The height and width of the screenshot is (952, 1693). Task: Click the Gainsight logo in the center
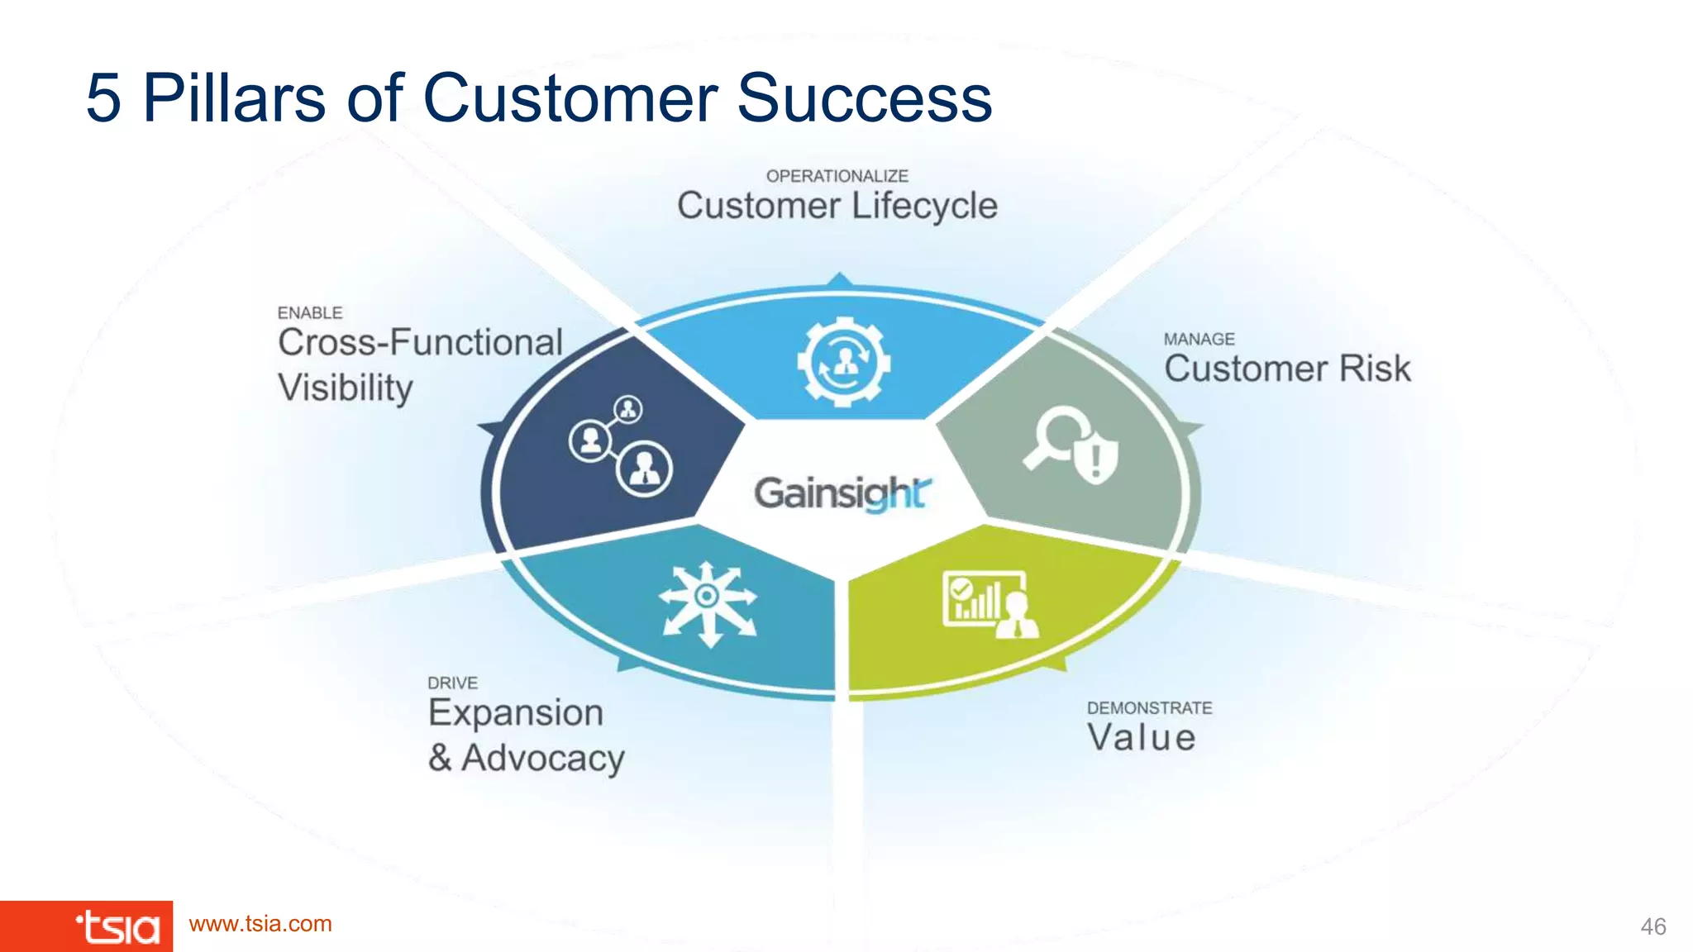click(x=842, y=493)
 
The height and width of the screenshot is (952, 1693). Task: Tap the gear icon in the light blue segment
click(x=843, y=362)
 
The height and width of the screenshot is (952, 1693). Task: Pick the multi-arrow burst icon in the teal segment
click(x=708, y=602)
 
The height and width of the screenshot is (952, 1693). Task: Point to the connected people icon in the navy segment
click(x=621, y=445)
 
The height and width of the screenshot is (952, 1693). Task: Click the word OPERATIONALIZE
click(x=837, y=176)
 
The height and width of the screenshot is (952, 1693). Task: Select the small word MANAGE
click(x=1199, y=339)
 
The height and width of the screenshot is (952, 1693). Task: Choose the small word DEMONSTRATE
click(x=1149, y=708)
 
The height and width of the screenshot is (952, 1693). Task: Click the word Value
click(x=1141, y=737)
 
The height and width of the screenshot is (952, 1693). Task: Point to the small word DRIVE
click(x=452, y=683)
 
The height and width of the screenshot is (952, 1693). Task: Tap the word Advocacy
click(x=543, y=759)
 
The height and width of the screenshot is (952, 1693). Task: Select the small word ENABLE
click(x=309, y=313)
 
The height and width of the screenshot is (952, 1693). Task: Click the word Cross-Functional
click(x=420, y=343)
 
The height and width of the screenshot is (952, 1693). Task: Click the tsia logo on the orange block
click(x=117, y=927)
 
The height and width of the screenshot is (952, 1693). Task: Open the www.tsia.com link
click(x=260, y=924)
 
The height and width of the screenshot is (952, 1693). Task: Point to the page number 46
click(x=1652, y=926)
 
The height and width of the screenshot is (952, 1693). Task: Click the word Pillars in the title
click(x=234, y=98)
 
